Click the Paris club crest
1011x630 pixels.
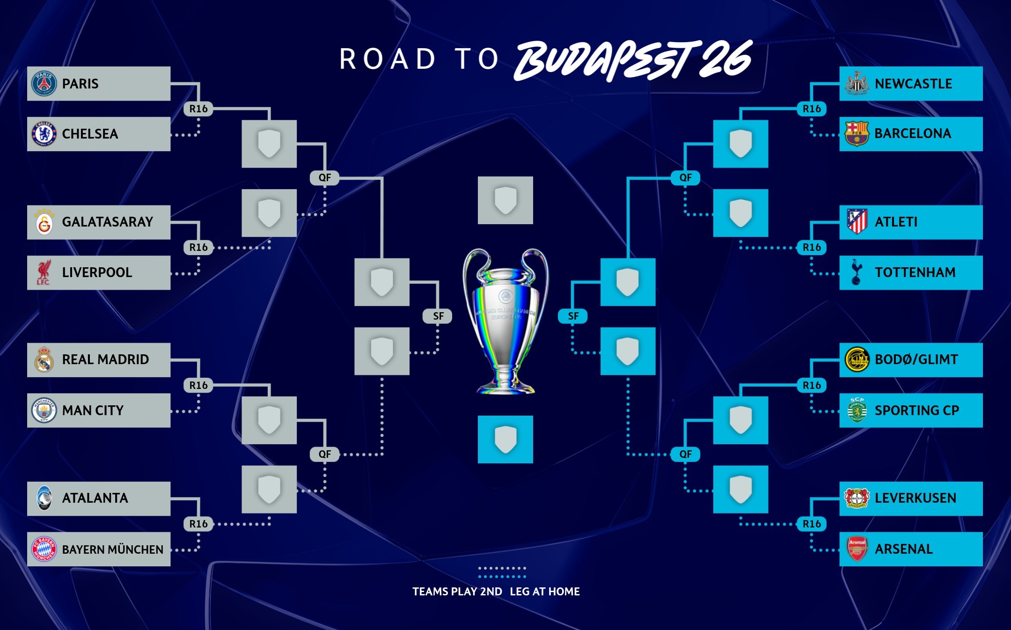(44, 84)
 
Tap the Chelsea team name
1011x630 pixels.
(90, 134)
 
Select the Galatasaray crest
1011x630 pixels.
(44, 222)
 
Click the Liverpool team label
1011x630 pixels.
(97, 272)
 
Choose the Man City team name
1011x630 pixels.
(93, 410)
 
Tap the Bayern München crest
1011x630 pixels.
(44, 549)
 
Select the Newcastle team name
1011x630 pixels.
(913, 84)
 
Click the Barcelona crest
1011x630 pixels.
(857, 134)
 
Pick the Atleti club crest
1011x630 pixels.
(857, 222)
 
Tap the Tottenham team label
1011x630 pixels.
(915, 272)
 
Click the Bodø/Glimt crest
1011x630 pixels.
(857, 359)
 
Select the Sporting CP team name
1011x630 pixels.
(917, 410)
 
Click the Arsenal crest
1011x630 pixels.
(857, 549)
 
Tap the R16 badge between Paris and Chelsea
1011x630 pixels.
(198, 109)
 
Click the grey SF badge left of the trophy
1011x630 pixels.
(438, 316)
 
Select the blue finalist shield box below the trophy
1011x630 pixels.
(505, 440)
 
